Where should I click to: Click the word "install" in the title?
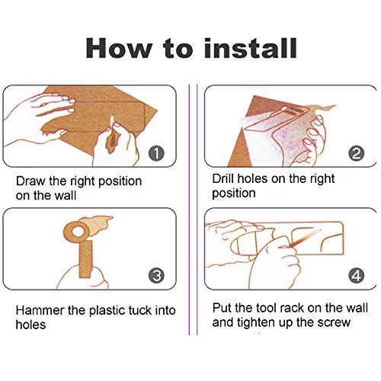(250, 48)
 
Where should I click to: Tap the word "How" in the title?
(119, 48)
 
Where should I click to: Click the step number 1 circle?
(156, 153)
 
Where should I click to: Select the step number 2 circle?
(357, 153)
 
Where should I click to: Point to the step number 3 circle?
(156, 276)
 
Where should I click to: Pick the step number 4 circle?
(357, 276)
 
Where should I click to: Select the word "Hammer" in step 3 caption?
(40, 310)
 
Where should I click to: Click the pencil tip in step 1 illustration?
(112, 117)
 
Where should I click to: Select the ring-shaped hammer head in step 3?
(77, 232)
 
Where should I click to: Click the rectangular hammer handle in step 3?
(85, 259)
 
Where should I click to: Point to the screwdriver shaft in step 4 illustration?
(305, 238)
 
